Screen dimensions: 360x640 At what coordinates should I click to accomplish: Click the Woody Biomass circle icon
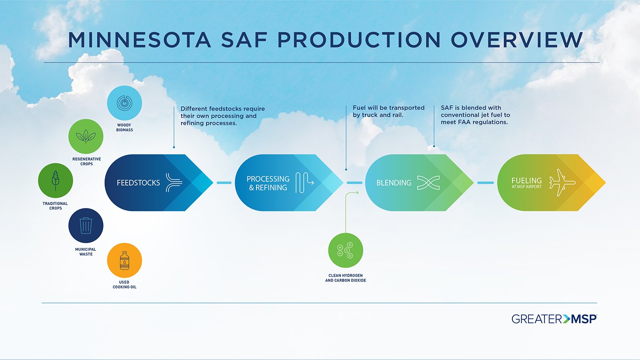click(124, 103)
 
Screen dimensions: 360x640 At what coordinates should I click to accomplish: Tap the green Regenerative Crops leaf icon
click(86, 136)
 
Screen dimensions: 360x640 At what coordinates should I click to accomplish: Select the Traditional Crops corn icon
click(55, 180)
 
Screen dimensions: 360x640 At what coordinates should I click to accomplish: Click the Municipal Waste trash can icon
click(86, 226)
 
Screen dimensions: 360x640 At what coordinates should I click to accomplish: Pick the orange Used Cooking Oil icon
click(124, 260)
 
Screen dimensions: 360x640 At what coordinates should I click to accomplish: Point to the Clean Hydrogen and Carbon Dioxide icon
click(346, 250)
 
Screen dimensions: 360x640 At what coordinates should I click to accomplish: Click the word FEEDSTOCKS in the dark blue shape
click(138, 183)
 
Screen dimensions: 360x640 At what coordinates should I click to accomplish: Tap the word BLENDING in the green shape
click(393, 183)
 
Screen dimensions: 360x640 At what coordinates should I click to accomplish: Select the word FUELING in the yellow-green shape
click(527, 180)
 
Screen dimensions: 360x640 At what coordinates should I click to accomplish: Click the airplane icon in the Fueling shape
click(561, 183)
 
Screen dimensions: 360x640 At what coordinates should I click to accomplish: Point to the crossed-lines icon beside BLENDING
click(428, 183)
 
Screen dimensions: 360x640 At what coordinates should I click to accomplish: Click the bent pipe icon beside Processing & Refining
click(304, 183)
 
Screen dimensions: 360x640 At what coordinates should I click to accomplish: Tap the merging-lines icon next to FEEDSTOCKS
click(174, 183)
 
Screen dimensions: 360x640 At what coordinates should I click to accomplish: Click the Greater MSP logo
click(554, 319)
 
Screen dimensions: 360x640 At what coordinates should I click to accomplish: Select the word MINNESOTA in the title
click(140, 40)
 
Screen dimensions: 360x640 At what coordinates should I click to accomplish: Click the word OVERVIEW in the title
click(517, 40)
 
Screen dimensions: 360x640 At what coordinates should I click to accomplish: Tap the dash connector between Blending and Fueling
click(485, 183)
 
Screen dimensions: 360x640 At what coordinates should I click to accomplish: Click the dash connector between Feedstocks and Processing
click(224, 183)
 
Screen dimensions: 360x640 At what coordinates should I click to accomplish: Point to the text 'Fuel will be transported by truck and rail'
click(388, 111)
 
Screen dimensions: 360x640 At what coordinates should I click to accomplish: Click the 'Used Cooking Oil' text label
click(124, 285)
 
